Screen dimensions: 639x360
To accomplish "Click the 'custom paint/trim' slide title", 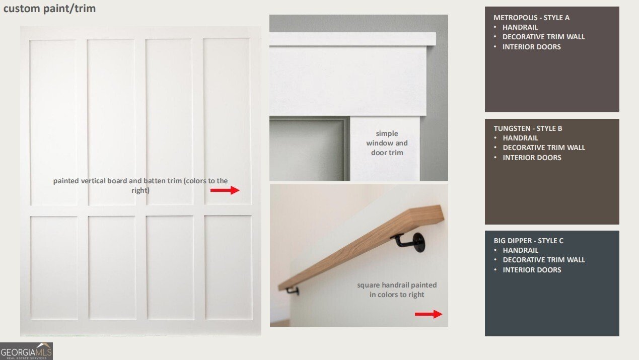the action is tap(49, 9).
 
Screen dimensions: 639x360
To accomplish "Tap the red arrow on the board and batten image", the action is tap(225, 190).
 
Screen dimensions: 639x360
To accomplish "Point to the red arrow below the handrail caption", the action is tap(429, 314).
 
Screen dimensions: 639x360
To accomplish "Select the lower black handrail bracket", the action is tap(293, 291).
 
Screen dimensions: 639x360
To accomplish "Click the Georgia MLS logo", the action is tap(26, 351).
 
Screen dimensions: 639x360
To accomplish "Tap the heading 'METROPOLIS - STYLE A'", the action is tap(531, 18).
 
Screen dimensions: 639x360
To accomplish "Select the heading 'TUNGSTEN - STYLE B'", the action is tap(528, 128).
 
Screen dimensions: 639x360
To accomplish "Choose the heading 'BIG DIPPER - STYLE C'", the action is tap(529, 241).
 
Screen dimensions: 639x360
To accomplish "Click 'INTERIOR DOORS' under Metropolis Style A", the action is tap(531, 47).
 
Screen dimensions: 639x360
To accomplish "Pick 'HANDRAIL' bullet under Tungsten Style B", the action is tap(520, 138).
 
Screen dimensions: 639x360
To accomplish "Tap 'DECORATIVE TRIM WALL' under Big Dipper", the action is tap(544, 260).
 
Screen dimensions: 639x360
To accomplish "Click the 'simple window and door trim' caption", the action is tap(387, 143).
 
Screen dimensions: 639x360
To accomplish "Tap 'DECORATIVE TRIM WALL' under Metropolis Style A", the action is tap(543, 37).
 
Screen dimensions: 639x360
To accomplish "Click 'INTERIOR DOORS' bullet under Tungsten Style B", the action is tap(532, 158).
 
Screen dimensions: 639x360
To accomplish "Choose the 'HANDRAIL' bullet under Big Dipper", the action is tap(520, 250).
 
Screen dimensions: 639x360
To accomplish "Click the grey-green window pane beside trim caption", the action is tap(308, 150).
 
